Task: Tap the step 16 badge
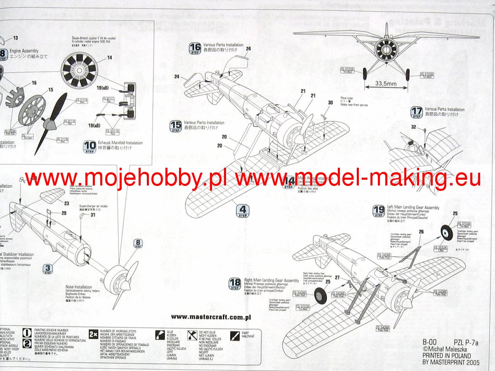point(195,48)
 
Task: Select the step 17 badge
point(417,112)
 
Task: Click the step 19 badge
point(378,211)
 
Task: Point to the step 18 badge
point(235,283)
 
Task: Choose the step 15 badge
point(176,126)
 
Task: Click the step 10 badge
point(90,146)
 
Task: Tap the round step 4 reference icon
point(242,211)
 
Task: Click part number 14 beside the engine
point(109,58)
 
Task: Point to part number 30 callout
point(330,103)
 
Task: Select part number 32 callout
point(414,127)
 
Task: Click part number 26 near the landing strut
point(421,232)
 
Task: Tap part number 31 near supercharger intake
point(93,214)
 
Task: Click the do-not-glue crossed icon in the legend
point(192,334)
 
